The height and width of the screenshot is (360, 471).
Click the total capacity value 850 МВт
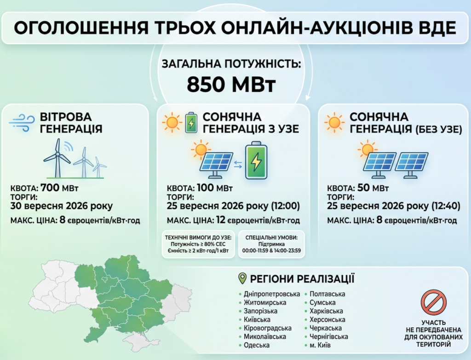tap(231, 85)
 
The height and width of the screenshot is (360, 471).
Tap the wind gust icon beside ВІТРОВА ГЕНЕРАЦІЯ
tap(22, 123)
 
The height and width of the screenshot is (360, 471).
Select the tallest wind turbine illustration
tap(57, 158)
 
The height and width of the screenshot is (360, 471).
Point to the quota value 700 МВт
tap(59, 188)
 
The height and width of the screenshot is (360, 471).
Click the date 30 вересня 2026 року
tap(62, 206)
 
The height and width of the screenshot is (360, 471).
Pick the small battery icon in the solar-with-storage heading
tap(191, 123)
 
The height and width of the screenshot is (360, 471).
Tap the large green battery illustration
tap(256, 161)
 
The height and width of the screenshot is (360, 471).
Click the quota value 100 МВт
tap(215, 188)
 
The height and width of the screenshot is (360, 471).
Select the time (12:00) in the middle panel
tap(285, 206)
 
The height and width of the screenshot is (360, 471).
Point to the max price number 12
tap(220, 220)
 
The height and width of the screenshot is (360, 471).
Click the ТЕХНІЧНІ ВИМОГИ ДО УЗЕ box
tap(198, 244)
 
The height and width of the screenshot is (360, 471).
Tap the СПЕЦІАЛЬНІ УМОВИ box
tap(271, 244)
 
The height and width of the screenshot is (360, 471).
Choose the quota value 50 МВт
tap(373, 188)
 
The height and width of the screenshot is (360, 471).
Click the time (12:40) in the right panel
tap(446, 206)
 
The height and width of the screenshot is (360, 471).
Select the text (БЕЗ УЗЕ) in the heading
tap(439, 129)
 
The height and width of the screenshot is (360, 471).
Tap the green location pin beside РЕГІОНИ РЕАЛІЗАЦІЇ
tap(242, 279)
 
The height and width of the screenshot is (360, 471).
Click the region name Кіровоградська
tap(268, 328)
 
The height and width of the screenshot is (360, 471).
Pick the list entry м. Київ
tap(320, 345)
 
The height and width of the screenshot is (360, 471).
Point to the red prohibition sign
tap(433, 302)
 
